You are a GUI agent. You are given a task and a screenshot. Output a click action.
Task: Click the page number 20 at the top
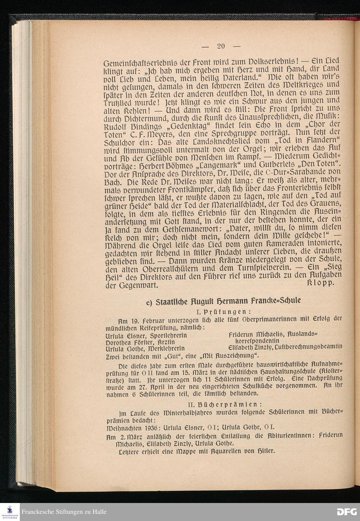(x=221, y=46)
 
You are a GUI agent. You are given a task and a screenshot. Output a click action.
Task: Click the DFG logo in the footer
(x=346, y=512)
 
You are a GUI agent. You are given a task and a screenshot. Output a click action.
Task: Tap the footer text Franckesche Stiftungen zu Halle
(x=64, y=512)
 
